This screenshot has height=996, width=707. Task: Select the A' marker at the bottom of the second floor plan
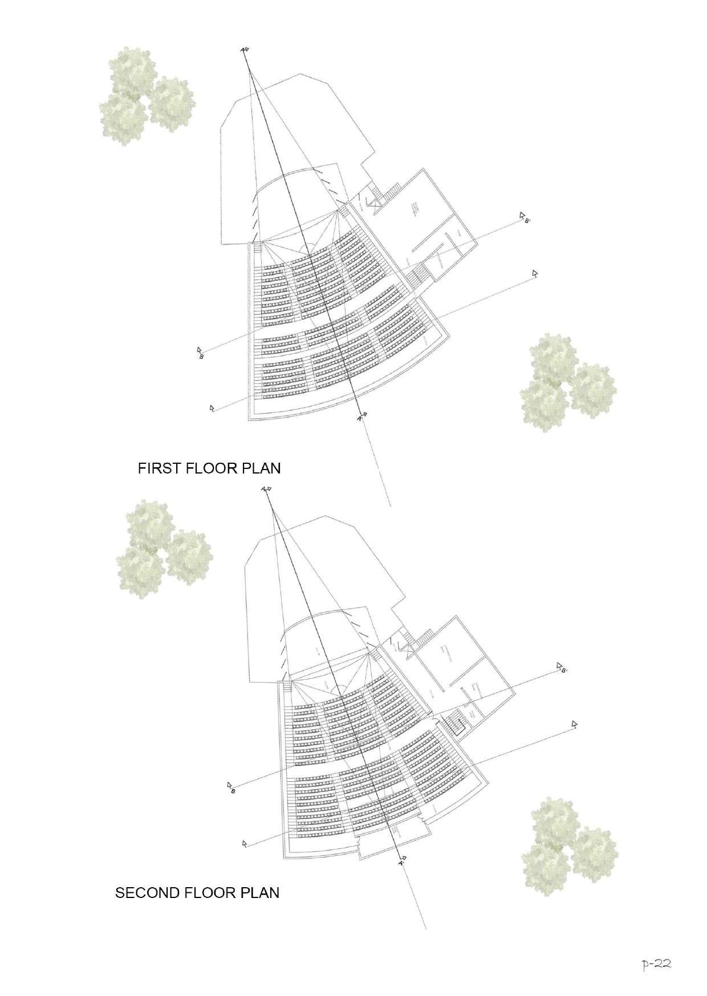402,861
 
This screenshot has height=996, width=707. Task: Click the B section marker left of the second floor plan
231,788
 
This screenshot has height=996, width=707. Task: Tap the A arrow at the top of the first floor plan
244,50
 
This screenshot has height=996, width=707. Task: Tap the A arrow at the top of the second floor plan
266,489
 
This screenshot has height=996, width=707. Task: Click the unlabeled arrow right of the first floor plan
534,274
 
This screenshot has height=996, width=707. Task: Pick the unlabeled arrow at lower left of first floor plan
213,408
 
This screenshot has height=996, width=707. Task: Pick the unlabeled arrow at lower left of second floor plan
245,842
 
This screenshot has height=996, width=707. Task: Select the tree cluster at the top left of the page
146,96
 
